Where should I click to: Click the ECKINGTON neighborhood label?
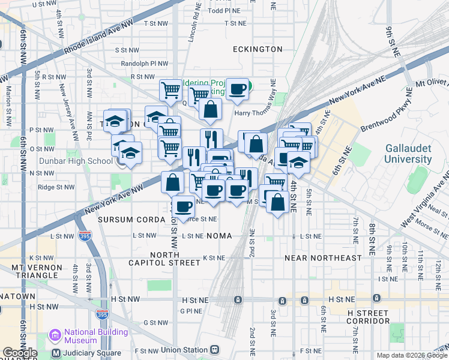pos(258,49)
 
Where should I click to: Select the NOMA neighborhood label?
pos(219,236)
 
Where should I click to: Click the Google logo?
pos(20,353)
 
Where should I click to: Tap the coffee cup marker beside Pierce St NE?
pos(183,206)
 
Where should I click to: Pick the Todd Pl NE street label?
pos(224,11)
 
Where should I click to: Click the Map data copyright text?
pos(410,355)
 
